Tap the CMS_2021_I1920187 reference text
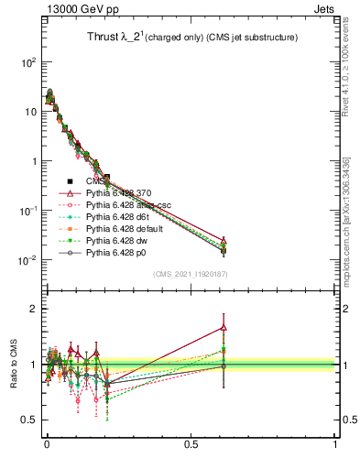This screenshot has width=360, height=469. (x=190, y=272)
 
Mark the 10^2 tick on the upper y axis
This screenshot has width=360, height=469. (x=29, y=62)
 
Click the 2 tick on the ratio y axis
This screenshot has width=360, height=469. (x=33, y=309)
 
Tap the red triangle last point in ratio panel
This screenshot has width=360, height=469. (x=224, y=327)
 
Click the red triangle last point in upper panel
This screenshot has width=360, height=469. (x=224, y=241)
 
